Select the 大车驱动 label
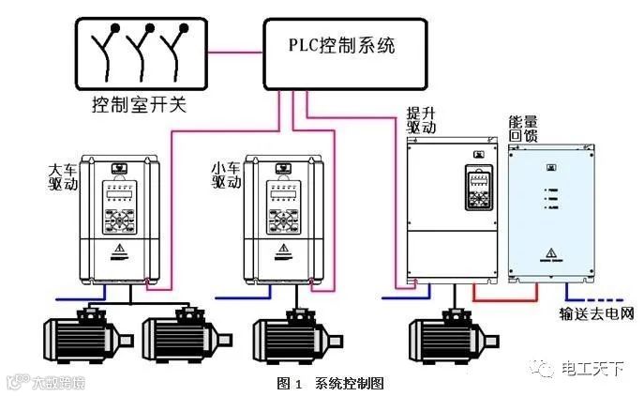[61, 178]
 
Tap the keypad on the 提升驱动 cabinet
[477, 189]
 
